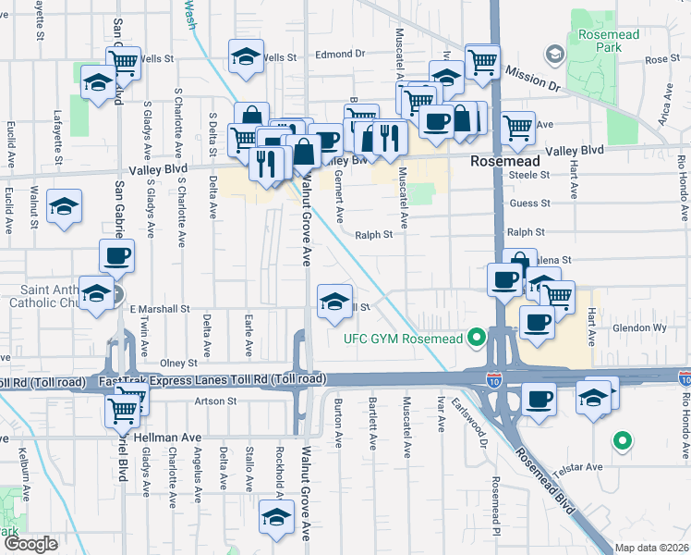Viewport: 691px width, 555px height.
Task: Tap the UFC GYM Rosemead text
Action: point(404,338)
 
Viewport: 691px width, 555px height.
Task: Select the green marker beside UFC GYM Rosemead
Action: point(477,337)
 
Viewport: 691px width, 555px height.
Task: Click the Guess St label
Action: point(529,203)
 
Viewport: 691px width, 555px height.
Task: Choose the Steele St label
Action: point(529,173)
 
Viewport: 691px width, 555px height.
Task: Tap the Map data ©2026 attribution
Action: point(652,548)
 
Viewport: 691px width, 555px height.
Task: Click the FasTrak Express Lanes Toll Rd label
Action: point(212,380)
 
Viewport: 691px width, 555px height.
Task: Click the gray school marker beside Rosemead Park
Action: point(553,53)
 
